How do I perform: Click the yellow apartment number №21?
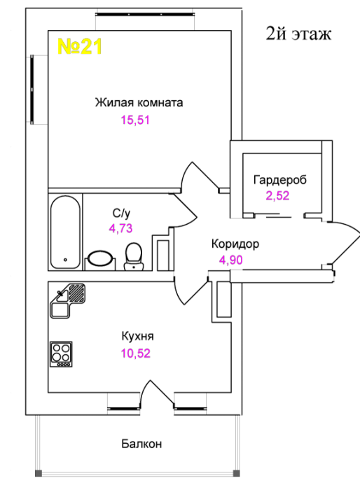click(80, 47)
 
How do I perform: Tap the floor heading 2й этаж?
click(298, 34)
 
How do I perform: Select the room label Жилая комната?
click(139, 102)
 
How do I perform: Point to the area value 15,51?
click(135, 120)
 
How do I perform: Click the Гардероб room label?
click(280, 180)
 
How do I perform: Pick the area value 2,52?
click(278, 196)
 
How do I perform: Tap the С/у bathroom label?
click(121, 213)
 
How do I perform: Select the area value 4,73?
click(120, 228)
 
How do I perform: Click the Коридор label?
click(235, 244)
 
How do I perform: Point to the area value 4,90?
click(231, 260)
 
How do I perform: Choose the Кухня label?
click(137, 337)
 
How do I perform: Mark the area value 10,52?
click(136, 353)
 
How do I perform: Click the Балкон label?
click(141, 444)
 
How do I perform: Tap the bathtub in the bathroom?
click(65, 232)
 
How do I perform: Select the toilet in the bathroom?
click(134, 257)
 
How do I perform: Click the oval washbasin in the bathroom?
click(100, 258)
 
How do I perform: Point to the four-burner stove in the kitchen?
click(62, 354)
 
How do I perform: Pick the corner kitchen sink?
click(67, 300)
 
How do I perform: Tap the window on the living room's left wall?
click(32, 90)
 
